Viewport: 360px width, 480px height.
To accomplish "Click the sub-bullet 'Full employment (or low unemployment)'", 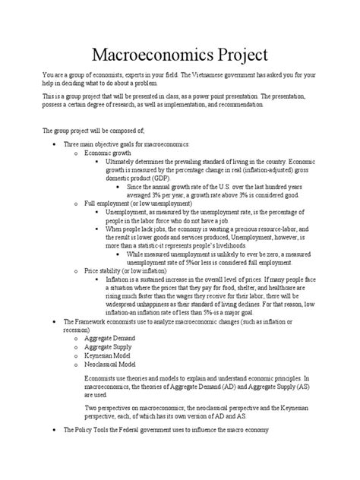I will point(132,204).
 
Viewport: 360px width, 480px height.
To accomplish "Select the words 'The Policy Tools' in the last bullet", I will point(84,431).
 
